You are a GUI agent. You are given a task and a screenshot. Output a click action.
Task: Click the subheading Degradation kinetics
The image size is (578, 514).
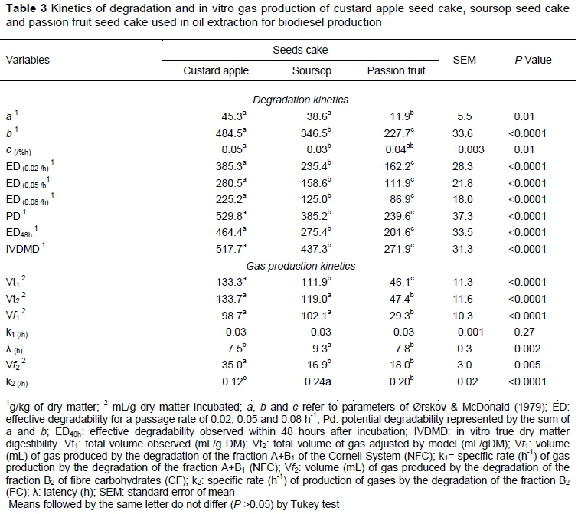(299, 100)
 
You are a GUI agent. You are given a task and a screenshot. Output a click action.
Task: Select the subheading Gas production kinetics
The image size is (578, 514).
(300, 266)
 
